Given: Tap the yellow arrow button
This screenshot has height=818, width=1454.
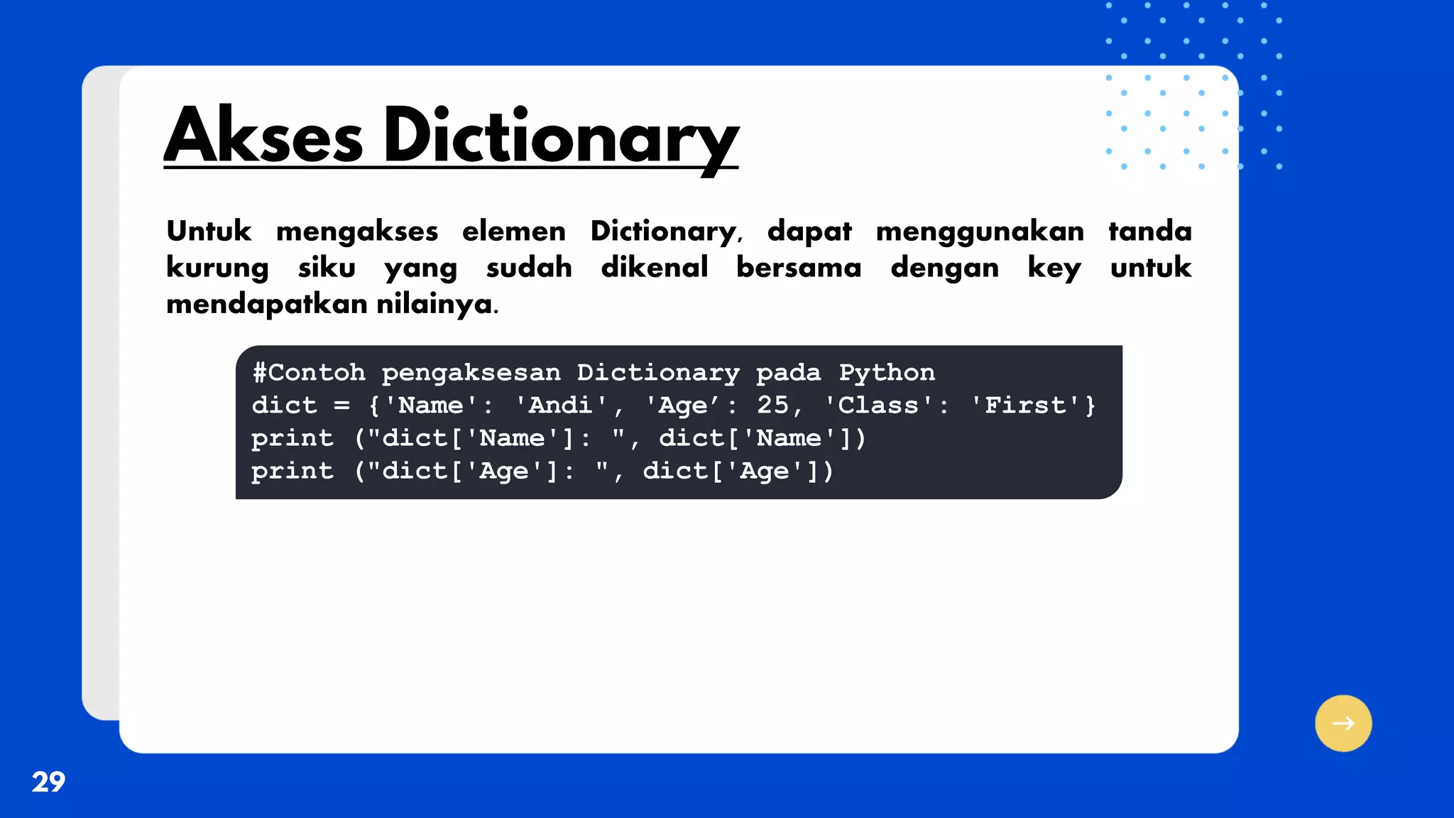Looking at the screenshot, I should [x=1343, y=723].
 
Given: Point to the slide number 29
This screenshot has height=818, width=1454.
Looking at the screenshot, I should [x=48, y=782].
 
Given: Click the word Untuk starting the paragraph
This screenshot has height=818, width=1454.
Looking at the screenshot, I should [x=209, y=231].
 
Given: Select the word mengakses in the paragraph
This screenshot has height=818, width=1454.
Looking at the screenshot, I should [x=357, y=231].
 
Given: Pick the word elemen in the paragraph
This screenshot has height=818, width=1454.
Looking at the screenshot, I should [x=514, y=231].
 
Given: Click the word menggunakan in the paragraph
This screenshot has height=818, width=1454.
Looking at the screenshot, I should [x=980, y=231].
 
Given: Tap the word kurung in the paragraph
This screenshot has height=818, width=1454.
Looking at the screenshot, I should [x=217, y=268].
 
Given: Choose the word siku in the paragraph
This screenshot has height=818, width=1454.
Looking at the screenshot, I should [x=327, y=268].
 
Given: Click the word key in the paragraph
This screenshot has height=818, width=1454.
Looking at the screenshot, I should [x=1054, y=268].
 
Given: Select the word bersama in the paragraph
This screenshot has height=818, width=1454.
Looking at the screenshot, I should [x=799, y=268].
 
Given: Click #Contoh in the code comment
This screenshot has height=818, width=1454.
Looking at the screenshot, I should [x=310, y=373].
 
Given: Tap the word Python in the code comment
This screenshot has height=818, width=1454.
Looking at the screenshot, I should [x=887, y=373].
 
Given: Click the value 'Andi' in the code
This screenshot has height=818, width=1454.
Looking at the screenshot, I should [x=561, y=405].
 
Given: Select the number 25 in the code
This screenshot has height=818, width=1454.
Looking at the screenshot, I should [x=772, y=405].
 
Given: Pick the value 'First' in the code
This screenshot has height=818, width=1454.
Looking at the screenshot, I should [x=1025, y=405].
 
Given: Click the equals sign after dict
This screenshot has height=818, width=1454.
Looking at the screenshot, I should [x=341, y=406].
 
